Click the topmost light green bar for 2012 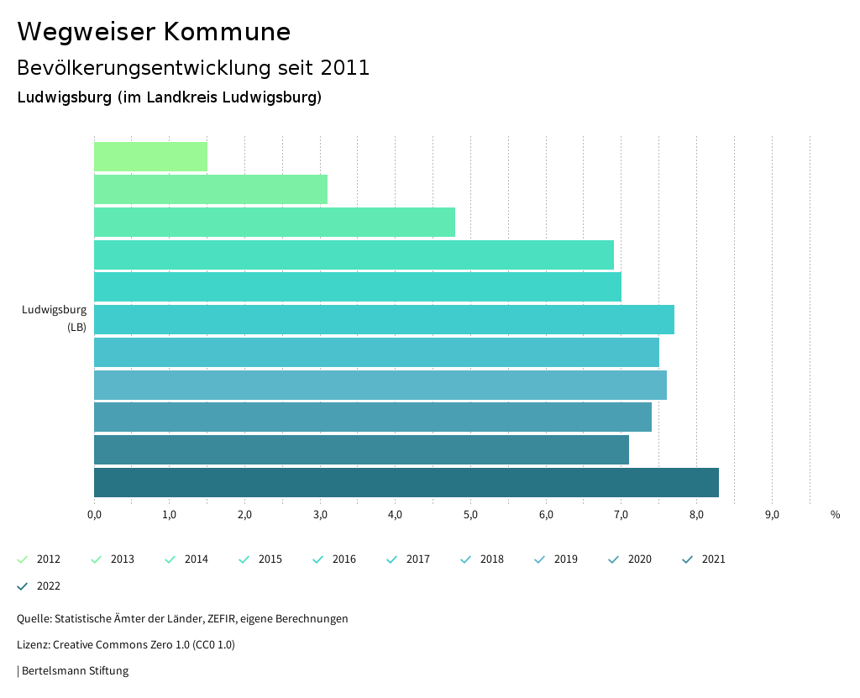(x=150, y=157)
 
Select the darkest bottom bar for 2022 (x=406, y=483)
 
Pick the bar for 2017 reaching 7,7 (x=384, y=320)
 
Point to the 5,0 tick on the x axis (x=470, y=515)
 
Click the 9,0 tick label (x=772, y=515)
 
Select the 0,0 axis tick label (x=94, y=515)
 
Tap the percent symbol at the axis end (x=835, y=515)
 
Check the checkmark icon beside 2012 (x=23, y=559)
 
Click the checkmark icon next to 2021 (x=688, y=559)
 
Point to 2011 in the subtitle (x=345, y=68)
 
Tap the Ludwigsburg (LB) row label (x=55, y=318)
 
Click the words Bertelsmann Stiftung (x=75, y=671)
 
